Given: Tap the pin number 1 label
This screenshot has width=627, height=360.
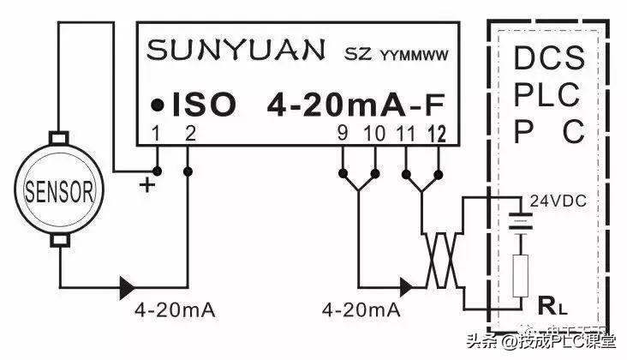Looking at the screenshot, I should point(157,133).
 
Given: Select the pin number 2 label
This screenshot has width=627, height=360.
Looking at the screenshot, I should point(189,133).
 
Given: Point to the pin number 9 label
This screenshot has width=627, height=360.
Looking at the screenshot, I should point(343,133).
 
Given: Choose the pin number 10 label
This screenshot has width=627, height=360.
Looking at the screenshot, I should point(374,133).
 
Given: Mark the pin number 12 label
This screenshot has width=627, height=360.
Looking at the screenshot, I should point(437,133).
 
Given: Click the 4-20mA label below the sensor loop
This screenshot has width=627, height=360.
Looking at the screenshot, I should point(172,308).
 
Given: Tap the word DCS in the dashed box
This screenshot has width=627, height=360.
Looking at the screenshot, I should point(549,59).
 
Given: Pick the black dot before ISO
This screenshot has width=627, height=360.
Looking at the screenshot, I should point(157,105).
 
